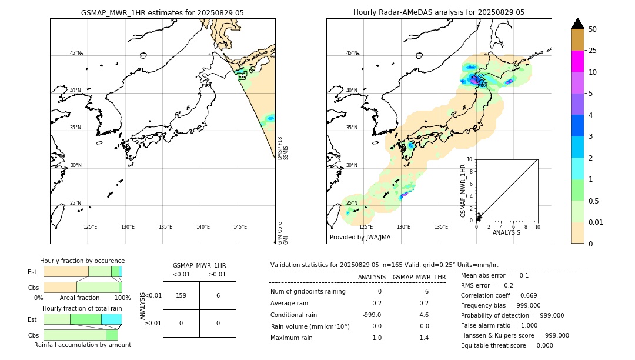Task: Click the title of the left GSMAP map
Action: pyautogui.click(x=162, y=12)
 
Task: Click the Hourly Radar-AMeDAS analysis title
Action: pyautogui.click(x=439, y=12)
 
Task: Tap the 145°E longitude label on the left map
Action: pyautogui.click(x=240, y=227)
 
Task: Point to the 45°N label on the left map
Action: pyautogui.click(x=75, y=53)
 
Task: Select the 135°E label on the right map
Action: pyautogui.click(x=441, y=227)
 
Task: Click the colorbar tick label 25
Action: pyautogui.click(x=593, y=51)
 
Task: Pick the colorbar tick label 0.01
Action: pyautogui.click(x=596, y=222)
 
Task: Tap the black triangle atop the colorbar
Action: pyautogui.click(x=578, y=24)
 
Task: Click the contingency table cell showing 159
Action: pyautogui.click(x=181, y=295)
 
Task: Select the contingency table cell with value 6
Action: pyautogui.click(x=218, y=295)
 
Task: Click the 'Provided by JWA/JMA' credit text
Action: pyautogui.click(x=360, y=238)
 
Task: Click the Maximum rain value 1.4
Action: pyautogui.click(x=423, y=338)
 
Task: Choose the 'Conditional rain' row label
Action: pyautogui.click(x=293, y=315)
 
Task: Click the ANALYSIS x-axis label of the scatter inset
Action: pyautogui.click(x=506, y=232)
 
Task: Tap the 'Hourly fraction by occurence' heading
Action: pyautogui.click(x=82, y=261)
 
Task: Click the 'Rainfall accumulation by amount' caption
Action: pyautogui.click(x=82, y=345)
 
